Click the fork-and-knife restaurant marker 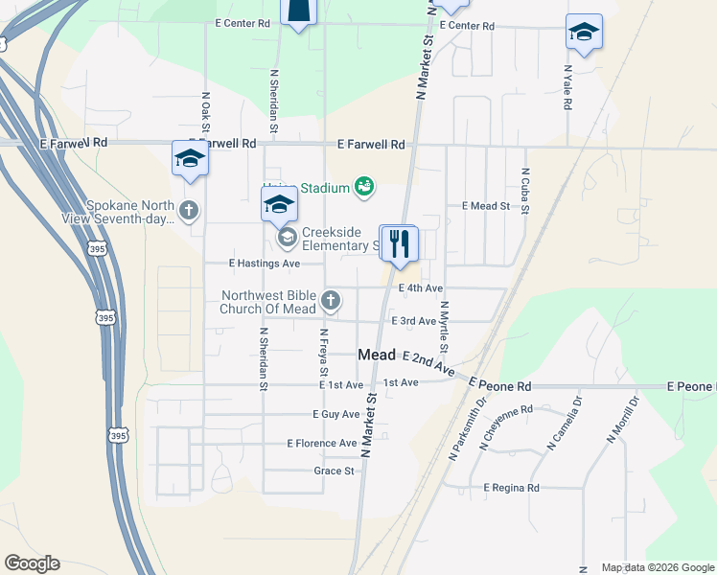(x=400, y=243)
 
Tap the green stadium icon (x=363, y=186)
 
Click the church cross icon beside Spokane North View (x=190, y=210)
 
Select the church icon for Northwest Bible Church (x=331, y=301)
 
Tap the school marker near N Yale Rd (x=583, y=33)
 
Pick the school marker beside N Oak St (x=190, y=158)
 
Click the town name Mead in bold (x=377, y=355)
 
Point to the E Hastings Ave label (x=264, y=264)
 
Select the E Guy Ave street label (x=335, y=414)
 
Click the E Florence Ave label (x=322, y=443)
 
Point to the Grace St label (x=334, y=471)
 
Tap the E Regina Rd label (x=511, y=488)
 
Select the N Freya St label (x=324, y=353)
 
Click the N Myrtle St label (x=444, y=326)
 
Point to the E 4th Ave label (x=421, y=287)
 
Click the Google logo (x=32, y=563)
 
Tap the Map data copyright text (x=657, y=567)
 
